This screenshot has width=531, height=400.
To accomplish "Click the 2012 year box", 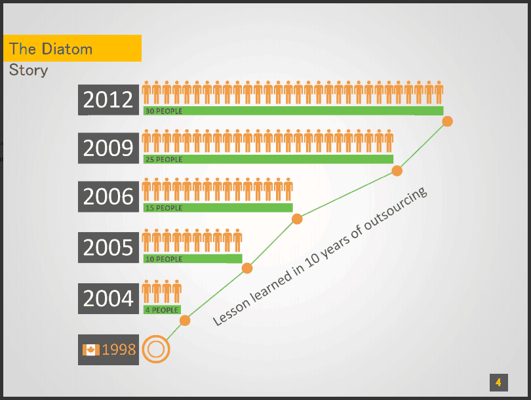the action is coord(108,100).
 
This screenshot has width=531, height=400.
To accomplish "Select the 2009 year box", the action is coord(108,148).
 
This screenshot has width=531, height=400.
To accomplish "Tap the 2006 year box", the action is coord(108,197).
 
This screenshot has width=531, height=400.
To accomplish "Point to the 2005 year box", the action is coord(108,248).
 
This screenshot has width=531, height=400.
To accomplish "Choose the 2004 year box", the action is coord(108,298).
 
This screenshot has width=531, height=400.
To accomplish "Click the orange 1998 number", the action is coord(119,350).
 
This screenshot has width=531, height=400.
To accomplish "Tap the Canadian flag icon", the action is coord(90,350).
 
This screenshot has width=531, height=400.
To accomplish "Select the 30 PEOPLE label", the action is coord(164,111).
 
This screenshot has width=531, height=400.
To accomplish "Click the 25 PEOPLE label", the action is coord(164,159).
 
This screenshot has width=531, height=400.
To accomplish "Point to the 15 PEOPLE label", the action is coord(164,208).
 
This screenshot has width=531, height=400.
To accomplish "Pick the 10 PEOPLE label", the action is coord(164,259).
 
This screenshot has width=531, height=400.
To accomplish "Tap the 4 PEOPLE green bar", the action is coord(162,310).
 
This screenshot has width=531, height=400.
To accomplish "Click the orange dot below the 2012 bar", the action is coord(447,121).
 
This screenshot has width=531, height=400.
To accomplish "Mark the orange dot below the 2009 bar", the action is coord(397,170).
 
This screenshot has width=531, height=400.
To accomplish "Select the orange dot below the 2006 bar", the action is coord(297,219).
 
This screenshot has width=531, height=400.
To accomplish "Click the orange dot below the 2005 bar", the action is coord(247,268).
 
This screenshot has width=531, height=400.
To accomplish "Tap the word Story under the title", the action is coord(28,70).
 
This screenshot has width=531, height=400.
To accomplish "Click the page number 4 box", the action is coord(498,383).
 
